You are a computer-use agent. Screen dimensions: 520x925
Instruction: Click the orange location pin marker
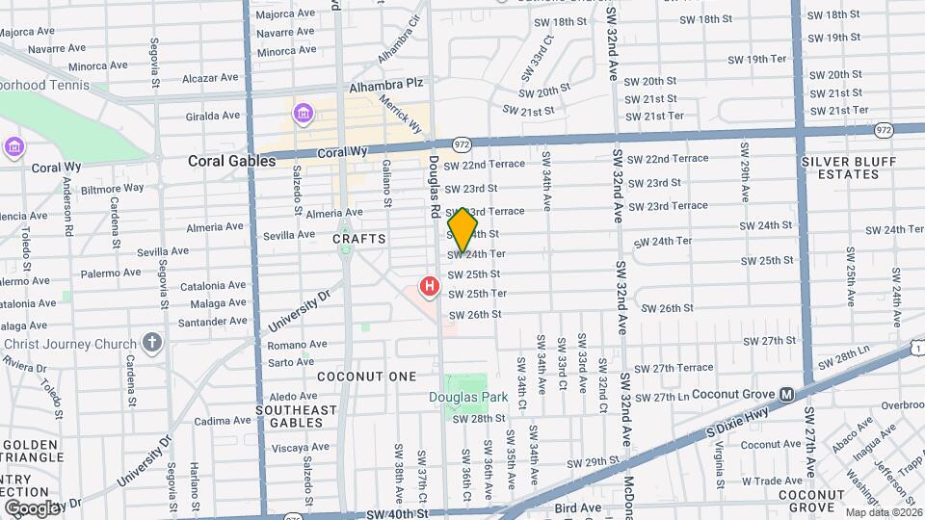click(463, 229)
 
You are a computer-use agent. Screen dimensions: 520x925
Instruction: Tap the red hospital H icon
click(429, 287)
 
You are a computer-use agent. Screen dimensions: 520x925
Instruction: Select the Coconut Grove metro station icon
click(786, 394)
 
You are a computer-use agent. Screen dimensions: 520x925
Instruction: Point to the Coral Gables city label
click(231, 161)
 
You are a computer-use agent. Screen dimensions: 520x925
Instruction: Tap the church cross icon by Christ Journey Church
click(151, 342)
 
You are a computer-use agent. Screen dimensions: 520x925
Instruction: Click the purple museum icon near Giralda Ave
click(304, 116)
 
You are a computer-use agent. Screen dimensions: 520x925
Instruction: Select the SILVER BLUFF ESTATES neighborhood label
click(840, 168)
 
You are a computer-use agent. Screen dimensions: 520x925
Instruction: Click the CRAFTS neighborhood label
click(359, 238)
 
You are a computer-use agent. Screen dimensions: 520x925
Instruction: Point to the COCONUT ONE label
click(366, 377)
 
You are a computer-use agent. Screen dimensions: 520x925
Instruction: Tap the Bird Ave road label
click(578, 507)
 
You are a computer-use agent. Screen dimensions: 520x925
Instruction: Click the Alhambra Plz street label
click(386, 84)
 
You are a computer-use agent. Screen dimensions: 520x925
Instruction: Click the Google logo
click(32, 507)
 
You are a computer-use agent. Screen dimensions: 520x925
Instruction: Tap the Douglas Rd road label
click(435, 186)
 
